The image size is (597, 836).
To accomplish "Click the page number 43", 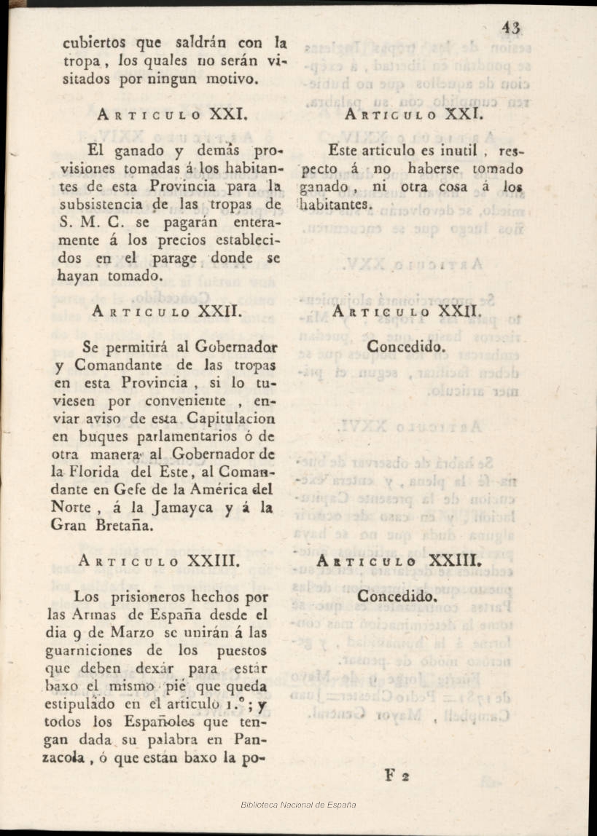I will (x=510, y=28).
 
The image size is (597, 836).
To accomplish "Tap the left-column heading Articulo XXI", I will (x=174, y=114).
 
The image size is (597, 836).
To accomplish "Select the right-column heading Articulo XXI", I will (x=411, y=114).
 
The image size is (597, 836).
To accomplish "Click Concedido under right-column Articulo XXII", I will (x=405, y=347).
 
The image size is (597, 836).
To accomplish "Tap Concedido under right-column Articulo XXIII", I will (x=397, y=596).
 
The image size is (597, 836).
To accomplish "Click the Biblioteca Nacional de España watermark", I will (x=298, y=805).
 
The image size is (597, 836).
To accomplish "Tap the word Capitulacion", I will (x=229, y=419).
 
